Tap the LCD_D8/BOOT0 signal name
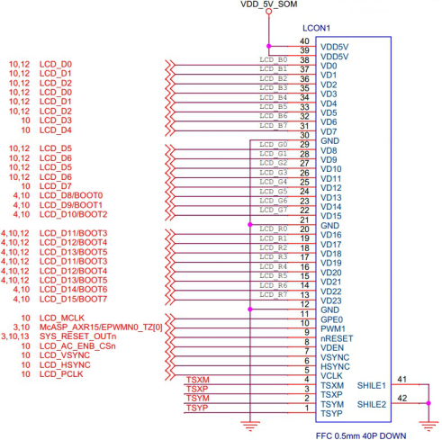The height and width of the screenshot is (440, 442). tap(71, 195)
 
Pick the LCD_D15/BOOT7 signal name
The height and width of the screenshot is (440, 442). tap(74, 300)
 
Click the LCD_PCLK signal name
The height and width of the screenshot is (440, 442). tap(61, 376)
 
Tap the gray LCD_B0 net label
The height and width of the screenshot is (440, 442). tap(272, 59)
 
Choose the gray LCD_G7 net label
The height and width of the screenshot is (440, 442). tap(272, 211)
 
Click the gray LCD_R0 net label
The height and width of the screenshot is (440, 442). tap(272, 229)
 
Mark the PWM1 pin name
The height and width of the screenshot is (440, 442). tap(334, 328)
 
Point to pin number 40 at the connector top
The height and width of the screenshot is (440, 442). tap(304, 41)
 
